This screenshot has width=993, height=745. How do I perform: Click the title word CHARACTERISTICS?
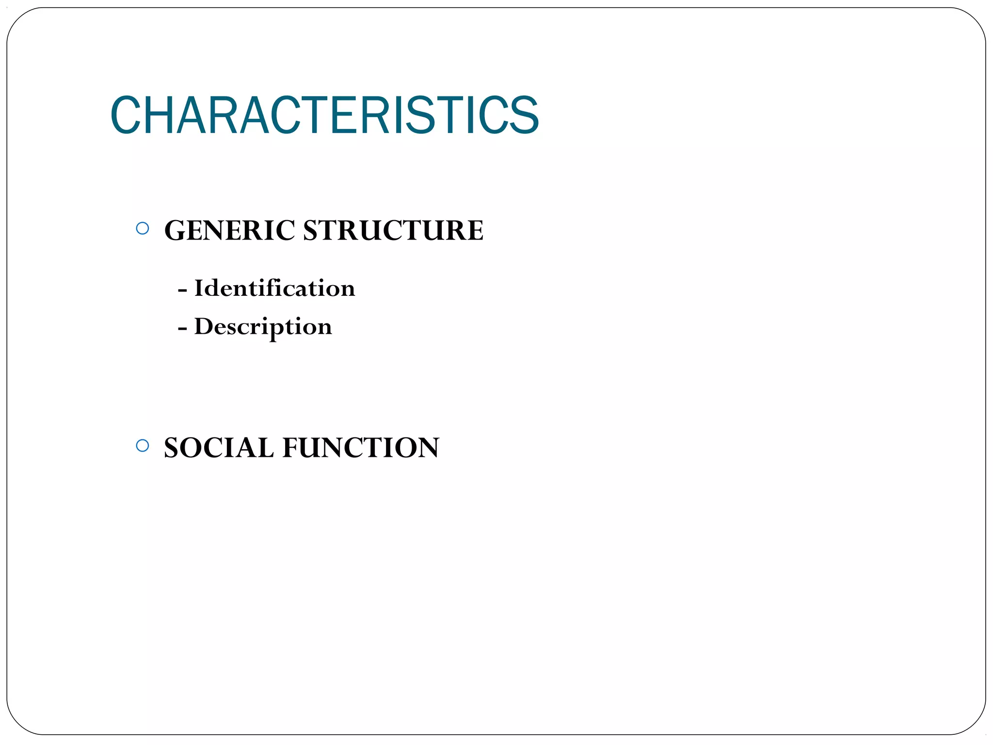(x=324, y=115)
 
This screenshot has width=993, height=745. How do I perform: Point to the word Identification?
(x=274, y=288)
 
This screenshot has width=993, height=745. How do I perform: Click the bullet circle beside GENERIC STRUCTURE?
(x=143, y=228)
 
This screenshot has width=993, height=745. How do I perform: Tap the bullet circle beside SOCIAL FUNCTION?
(x=143, y=446)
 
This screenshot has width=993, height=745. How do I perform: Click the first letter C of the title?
(x=126, y=115)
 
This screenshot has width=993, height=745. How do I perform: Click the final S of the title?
(x=524, y=115)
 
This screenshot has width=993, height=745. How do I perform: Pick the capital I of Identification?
(x=199, y=288)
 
